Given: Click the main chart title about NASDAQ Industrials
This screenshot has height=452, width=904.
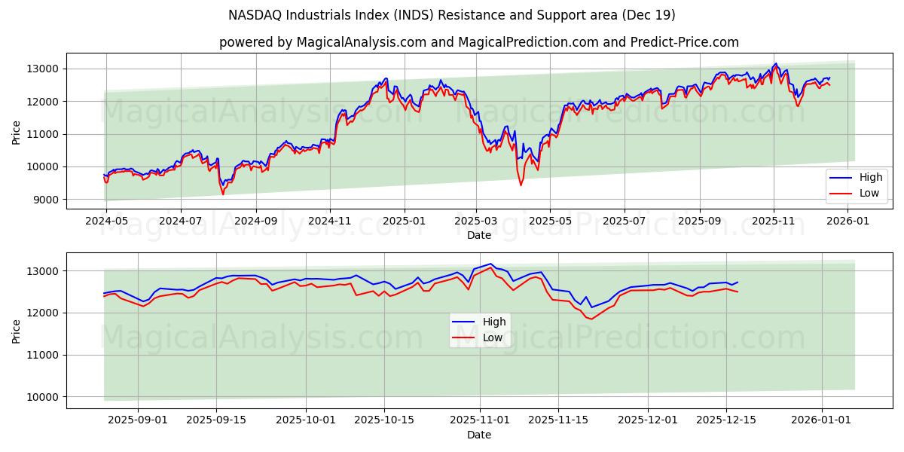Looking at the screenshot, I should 452,15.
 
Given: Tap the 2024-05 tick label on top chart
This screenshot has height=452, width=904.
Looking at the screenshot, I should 106,221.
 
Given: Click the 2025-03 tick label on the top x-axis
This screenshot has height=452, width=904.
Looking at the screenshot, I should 476,221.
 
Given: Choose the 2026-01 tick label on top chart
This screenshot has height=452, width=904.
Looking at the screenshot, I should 848,221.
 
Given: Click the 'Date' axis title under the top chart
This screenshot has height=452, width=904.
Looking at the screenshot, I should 479,235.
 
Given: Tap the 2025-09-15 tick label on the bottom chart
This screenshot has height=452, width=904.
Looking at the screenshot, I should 216,420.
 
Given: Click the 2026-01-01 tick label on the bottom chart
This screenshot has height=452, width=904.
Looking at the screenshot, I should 821,420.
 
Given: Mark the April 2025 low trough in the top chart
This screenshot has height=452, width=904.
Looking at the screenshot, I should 521,185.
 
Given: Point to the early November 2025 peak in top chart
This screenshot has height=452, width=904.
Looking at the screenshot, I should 775,64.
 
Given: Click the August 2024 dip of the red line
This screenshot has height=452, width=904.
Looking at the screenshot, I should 222,194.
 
